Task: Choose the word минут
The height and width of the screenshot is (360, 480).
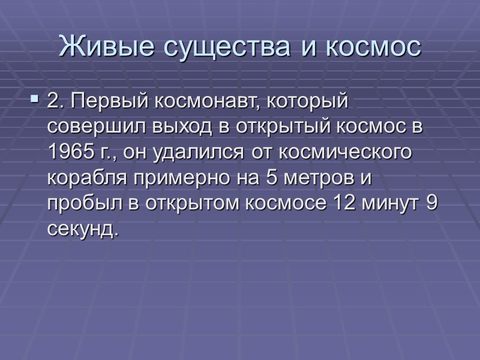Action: pos(390,203)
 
